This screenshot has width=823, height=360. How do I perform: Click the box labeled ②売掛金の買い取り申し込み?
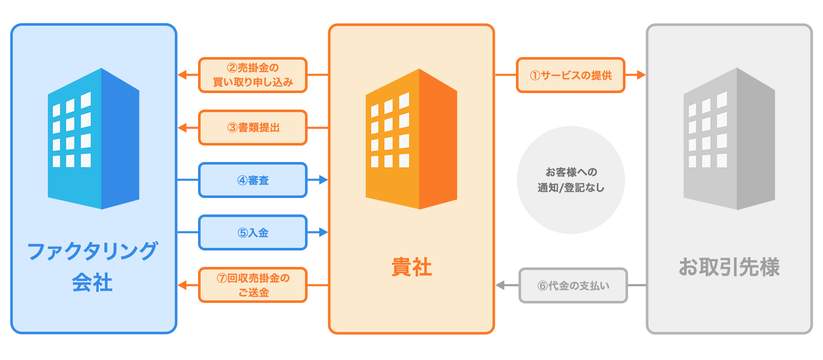pyautogui.click(x=253, y=75)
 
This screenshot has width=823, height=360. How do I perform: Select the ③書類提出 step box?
pyautogui.click(x=253, y=128)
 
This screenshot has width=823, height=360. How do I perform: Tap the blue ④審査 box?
pyautogui.click(x=253, y=180)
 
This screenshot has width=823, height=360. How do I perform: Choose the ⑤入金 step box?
pyautogui.click(x=253, y=232)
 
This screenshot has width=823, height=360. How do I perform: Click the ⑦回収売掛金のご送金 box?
pyautogui.click(x=253, y=285)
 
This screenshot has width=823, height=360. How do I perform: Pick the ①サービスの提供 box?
pyautogui.click(x=570, y=75)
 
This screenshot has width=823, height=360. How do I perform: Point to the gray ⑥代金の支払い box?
pyautogui.click(x=573, y=285)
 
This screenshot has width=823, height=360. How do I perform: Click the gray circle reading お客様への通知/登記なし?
pyautogui.click(x=570, y=180)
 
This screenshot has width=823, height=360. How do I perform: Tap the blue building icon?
pyautogui.click(x=94, y=139)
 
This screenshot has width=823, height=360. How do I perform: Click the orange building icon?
pyautogui.click(x=411, y=139)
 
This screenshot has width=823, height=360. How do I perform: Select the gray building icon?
pyautogui.click(x=729, y=139)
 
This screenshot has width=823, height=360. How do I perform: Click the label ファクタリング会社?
pyautogui.click(x=93, y=266)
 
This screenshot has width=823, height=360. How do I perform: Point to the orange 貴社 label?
pyautogui.click(x=411, y=267)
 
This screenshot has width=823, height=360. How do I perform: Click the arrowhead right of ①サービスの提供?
pyautogui.click(x=640, y=75)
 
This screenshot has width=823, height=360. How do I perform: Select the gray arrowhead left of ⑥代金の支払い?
pyautogui.click(x=500, y=285)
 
